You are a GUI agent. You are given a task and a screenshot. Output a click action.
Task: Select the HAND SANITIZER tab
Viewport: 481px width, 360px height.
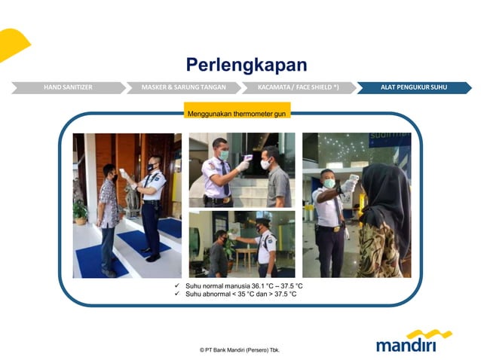[x=68, y=87]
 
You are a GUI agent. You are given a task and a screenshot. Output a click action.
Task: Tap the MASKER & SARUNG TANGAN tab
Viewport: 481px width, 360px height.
[x=183, y=87]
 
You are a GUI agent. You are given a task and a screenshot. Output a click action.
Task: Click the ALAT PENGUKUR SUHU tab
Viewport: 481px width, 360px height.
[x=413, y=87]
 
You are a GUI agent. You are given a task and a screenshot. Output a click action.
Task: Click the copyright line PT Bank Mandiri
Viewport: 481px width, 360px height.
[x=240, y=350]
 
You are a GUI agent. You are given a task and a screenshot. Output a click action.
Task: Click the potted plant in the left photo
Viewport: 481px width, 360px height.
[x=80, y=212]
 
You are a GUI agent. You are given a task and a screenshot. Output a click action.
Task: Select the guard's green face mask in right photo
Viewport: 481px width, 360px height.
[x=329, y=183]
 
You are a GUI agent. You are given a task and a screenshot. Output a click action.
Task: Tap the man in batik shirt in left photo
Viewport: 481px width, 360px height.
[x=109, y=211]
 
